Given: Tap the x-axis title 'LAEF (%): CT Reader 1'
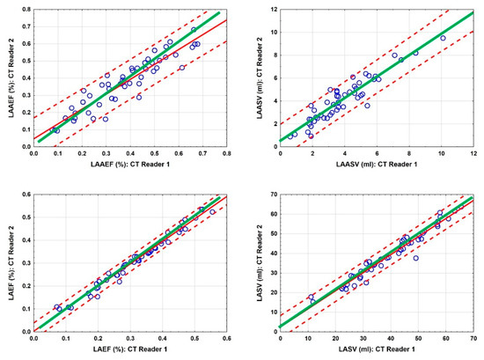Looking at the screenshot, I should (130, 352).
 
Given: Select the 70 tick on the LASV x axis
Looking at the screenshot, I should (473, 340).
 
